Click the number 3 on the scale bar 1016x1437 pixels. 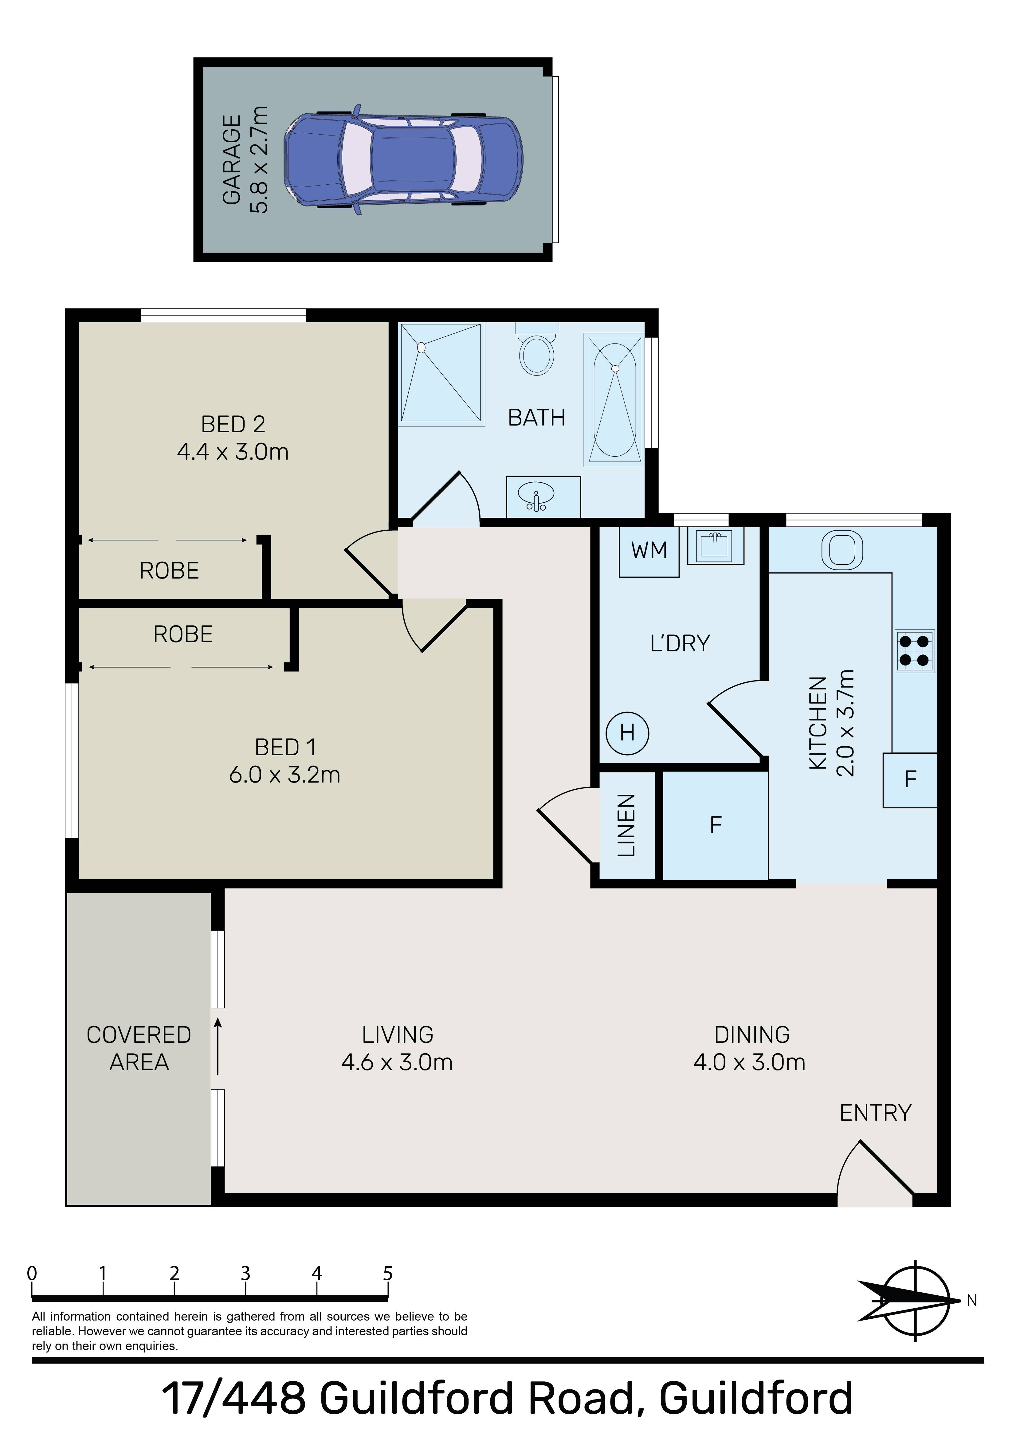(x=245, y=1273)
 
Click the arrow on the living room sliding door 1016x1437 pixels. (x=218, y=1046)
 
